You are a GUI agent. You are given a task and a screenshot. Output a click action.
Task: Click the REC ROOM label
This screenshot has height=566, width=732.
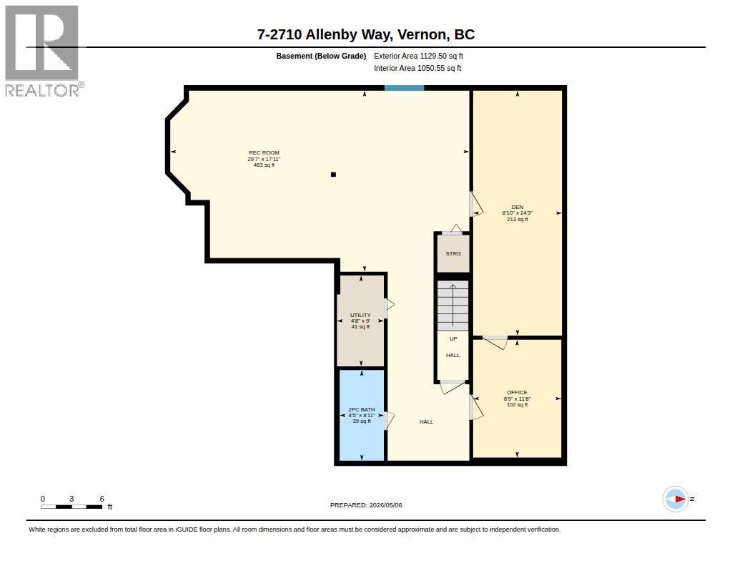pyautogui.click(x=264, y=152)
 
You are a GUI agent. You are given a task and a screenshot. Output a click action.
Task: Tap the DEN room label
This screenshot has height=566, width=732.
pyautogui.click(x=518, y=207)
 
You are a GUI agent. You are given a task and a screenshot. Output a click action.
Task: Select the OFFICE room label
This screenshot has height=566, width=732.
pyautogui.click(x=518, y=393)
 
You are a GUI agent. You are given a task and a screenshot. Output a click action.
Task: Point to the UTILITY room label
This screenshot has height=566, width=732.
pyautogui.click(x=360, y=315)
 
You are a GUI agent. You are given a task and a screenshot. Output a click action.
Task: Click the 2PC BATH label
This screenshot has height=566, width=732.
pyautogui.click(x=362, y=409)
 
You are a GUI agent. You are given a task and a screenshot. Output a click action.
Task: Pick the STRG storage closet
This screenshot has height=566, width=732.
pyautogui.click(x=453, y=253)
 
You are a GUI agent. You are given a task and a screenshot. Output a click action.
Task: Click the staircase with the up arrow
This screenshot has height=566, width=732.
pyautogui.click(x=452, y=306)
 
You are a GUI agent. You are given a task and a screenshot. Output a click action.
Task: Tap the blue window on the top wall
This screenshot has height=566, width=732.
pyautogui.click(x=405, y=88)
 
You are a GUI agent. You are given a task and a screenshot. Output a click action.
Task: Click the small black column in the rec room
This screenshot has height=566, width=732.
pyautogui.click(x=333, y=175)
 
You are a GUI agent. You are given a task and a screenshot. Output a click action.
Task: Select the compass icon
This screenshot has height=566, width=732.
pyautogui.click(x=676, y=499)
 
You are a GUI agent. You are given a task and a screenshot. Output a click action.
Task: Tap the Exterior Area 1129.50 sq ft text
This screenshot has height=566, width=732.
pyautogui.click(x=418, y=56)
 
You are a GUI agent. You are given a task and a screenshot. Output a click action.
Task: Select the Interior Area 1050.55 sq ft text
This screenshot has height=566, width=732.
pyautogui.click(x=417, y=68)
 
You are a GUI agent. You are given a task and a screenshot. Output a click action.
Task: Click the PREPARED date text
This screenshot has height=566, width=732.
pyautogui.click(x=366, y=505)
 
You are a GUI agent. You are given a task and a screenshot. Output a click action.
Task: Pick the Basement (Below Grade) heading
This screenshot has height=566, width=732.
pyautogui.click(x=321, y=56)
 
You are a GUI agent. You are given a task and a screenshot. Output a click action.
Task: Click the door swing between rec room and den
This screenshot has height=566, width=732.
pyautogui.click(x=475, y=204)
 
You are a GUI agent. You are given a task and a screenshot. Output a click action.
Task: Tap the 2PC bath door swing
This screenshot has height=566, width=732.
pyautogui.click(x=389, y=421)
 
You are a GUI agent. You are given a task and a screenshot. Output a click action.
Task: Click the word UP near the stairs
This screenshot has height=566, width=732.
pyautogui.click(x=453, y=339)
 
